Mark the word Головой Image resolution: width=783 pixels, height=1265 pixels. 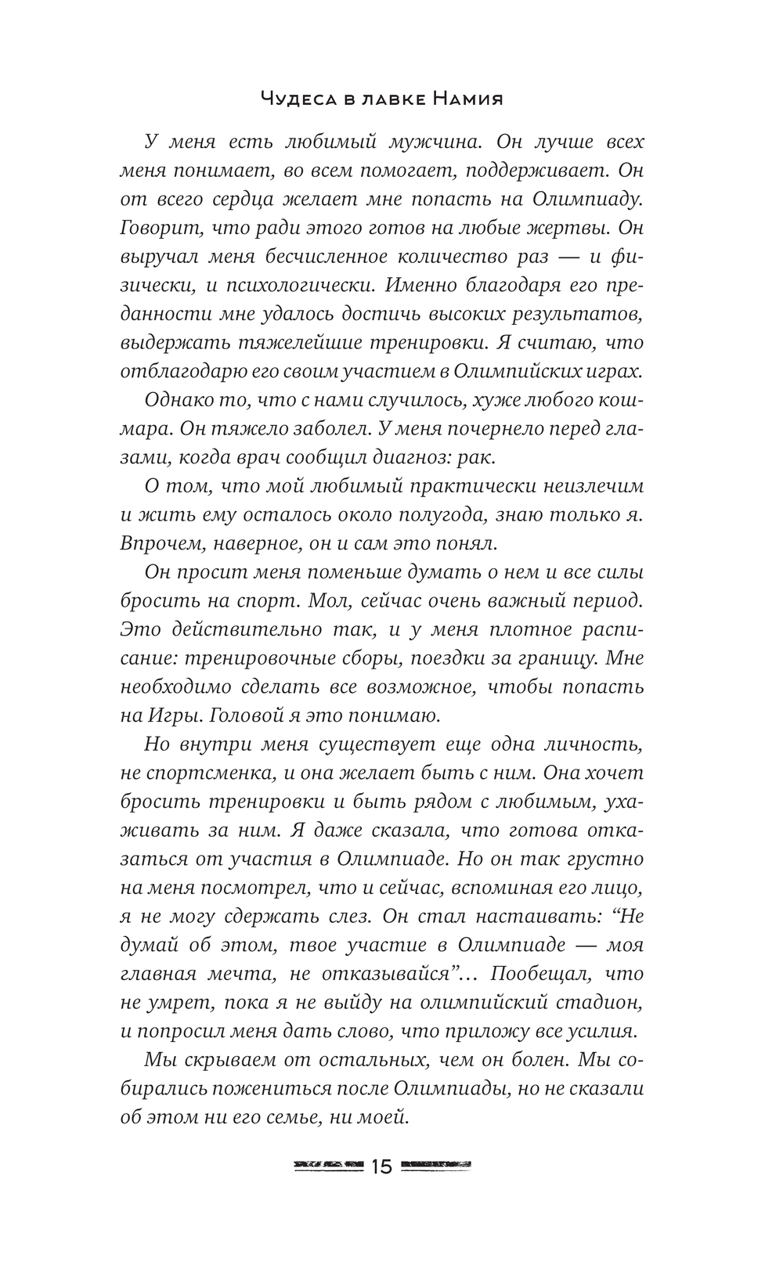[237, 715]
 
